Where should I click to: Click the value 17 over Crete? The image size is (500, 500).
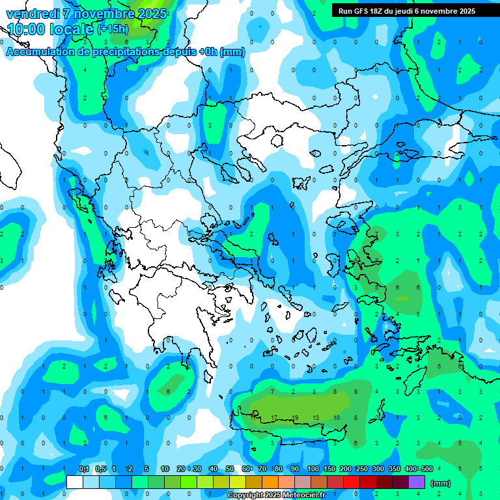(274, 417)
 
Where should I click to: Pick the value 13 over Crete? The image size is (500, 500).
(316, 417)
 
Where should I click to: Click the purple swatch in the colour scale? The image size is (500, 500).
(417, 482)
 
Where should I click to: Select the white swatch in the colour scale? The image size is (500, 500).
(75, 482)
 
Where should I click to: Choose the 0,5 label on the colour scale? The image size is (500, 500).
(100, 469)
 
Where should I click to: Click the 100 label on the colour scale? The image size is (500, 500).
(313, 469)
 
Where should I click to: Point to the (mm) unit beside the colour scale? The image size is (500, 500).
(441, 483)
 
